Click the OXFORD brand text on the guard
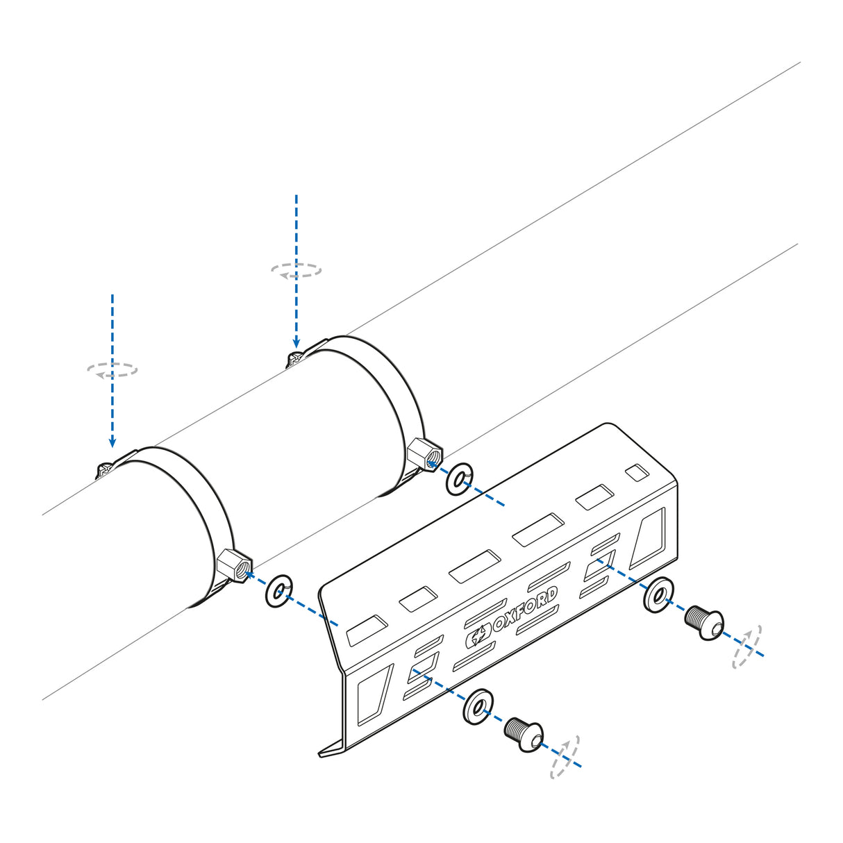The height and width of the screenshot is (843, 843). point(525,610)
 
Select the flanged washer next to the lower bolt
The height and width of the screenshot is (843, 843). point(478,707)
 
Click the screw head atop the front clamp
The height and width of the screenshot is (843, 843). point(105,469)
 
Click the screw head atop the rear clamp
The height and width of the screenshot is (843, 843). point(294,358)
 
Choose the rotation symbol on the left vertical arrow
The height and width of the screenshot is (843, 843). point(112,369)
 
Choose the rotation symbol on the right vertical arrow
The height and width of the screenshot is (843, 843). point(297,270)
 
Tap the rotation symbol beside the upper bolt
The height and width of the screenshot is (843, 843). point(746,646)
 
